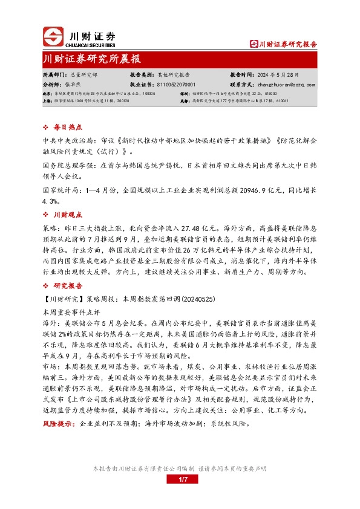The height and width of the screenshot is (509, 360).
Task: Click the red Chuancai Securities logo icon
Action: [53, 37]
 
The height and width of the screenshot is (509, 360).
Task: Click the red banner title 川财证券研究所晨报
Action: [93, 60]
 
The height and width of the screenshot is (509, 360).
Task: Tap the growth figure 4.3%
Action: [51, 200]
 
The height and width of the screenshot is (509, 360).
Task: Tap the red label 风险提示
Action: [58, 425]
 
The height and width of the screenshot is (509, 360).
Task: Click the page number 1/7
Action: [180, 479]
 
